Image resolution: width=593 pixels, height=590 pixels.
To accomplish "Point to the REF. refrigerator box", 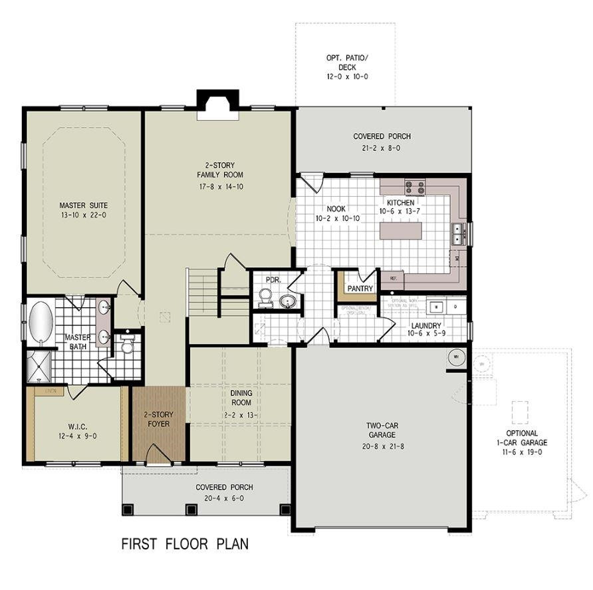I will tap(392, 279).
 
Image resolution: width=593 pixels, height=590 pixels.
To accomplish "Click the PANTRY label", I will tap(360, 289).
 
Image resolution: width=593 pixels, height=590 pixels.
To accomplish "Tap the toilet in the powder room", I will tap(265, 297).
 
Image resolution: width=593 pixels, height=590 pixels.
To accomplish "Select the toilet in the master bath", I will tap(128, 345).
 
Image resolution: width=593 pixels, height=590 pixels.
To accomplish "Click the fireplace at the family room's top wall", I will tap(217, 106).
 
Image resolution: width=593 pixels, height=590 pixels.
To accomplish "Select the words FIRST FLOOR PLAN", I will tap(185, 544).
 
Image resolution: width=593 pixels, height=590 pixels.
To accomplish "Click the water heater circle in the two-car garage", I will tap(456, 357).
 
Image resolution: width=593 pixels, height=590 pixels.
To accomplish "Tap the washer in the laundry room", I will tap(436, 307).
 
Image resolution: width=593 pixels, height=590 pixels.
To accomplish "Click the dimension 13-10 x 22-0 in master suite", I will tap(83, 216).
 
